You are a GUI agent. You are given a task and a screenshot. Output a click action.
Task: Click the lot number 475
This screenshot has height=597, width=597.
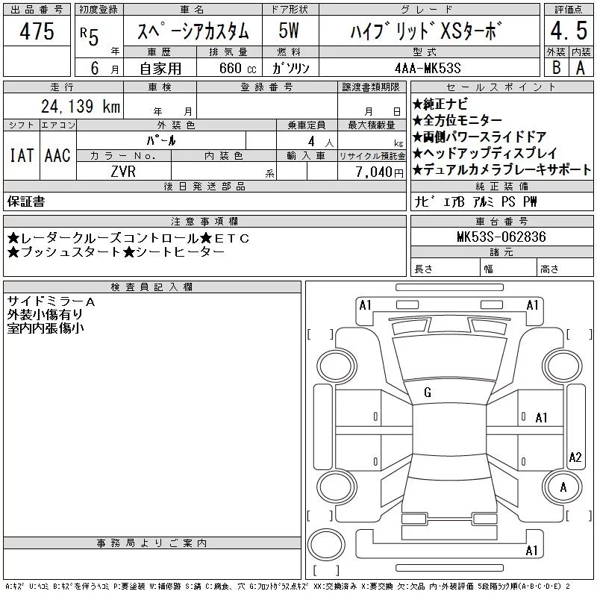pyautogui.click(x=37, y=31)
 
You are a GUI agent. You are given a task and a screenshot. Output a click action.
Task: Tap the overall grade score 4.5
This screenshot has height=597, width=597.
pyautogui.click(x=569, y=31)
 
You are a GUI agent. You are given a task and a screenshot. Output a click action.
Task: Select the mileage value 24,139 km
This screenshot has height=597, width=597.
pyautogui.click(x=81, y=106)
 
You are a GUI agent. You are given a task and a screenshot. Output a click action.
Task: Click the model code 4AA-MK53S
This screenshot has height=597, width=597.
pyautogui.click(x=428, y=68)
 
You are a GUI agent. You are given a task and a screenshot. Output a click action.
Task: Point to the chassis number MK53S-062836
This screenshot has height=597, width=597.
pyautogui.click(x=501, y=237)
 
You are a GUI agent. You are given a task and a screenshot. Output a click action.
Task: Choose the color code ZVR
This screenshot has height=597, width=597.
pyautogui.click(x=123, y=172)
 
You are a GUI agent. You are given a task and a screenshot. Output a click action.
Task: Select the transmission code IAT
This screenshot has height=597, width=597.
pyautogui.click(x=22, y=155)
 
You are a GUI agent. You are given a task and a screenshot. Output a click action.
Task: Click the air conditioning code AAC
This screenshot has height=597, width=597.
pyautogui.click(x=58, y=155)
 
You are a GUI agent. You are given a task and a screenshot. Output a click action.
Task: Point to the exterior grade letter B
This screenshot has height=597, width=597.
pyautogui.click(x=556, y=67)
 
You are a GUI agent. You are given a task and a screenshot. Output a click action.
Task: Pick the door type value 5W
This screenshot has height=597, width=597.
pyautogui.click(x=289, y=31)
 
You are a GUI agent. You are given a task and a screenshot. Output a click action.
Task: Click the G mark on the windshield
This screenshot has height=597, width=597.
pyautogui.click(x=428, y=393)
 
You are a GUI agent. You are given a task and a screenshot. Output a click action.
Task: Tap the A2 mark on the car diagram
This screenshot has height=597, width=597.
pyautogui.click(x=575, y=457)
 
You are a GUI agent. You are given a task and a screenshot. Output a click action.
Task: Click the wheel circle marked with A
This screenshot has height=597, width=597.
pyautogui.click(x=563, y=487)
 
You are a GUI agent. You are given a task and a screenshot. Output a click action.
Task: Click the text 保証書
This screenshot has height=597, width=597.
pyautogui.click(x=26, y=201)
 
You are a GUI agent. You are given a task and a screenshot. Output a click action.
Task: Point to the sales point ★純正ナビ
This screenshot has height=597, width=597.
pyautogui.click(x=440, y=104)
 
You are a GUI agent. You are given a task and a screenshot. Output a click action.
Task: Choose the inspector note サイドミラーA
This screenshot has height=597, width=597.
pyautogui.click(x=51, y=302)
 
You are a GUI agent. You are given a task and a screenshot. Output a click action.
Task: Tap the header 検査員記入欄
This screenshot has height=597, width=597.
pyautogui.click(x=151, y=287)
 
